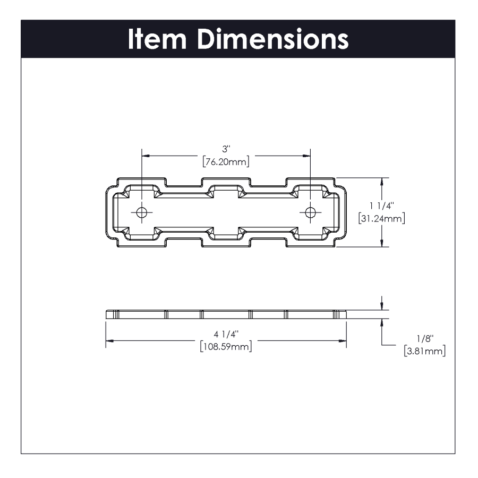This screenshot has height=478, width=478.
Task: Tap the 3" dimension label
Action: tap(226, 150)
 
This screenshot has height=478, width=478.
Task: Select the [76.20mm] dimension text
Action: tap(226, 161)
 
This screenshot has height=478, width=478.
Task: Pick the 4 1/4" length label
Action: tap(226, 334)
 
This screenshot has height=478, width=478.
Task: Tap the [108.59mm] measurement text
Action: tap(226, 346)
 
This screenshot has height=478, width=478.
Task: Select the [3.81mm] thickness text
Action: tap(425, 351)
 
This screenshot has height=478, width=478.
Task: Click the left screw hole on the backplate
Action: tap(142, 212)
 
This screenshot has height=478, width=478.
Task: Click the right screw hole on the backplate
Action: tap(311, 212)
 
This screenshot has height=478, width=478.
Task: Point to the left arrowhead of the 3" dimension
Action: tap(146, 156)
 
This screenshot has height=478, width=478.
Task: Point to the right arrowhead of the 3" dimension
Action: tap(307, 156)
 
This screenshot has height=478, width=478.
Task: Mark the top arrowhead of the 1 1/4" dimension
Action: tap(381, 181)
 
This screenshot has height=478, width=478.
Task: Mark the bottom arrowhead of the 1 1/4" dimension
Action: tap(381, 244)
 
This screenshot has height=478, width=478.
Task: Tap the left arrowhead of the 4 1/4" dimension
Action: tap(109, 340)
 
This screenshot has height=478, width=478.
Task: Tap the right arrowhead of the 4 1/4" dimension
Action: tap(343, 340)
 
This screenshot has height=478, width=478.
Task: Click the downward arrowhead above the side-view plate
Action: tap(382, 307)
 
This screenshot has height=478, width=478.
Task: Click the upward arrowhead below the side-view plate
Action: tap(382, 322)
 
